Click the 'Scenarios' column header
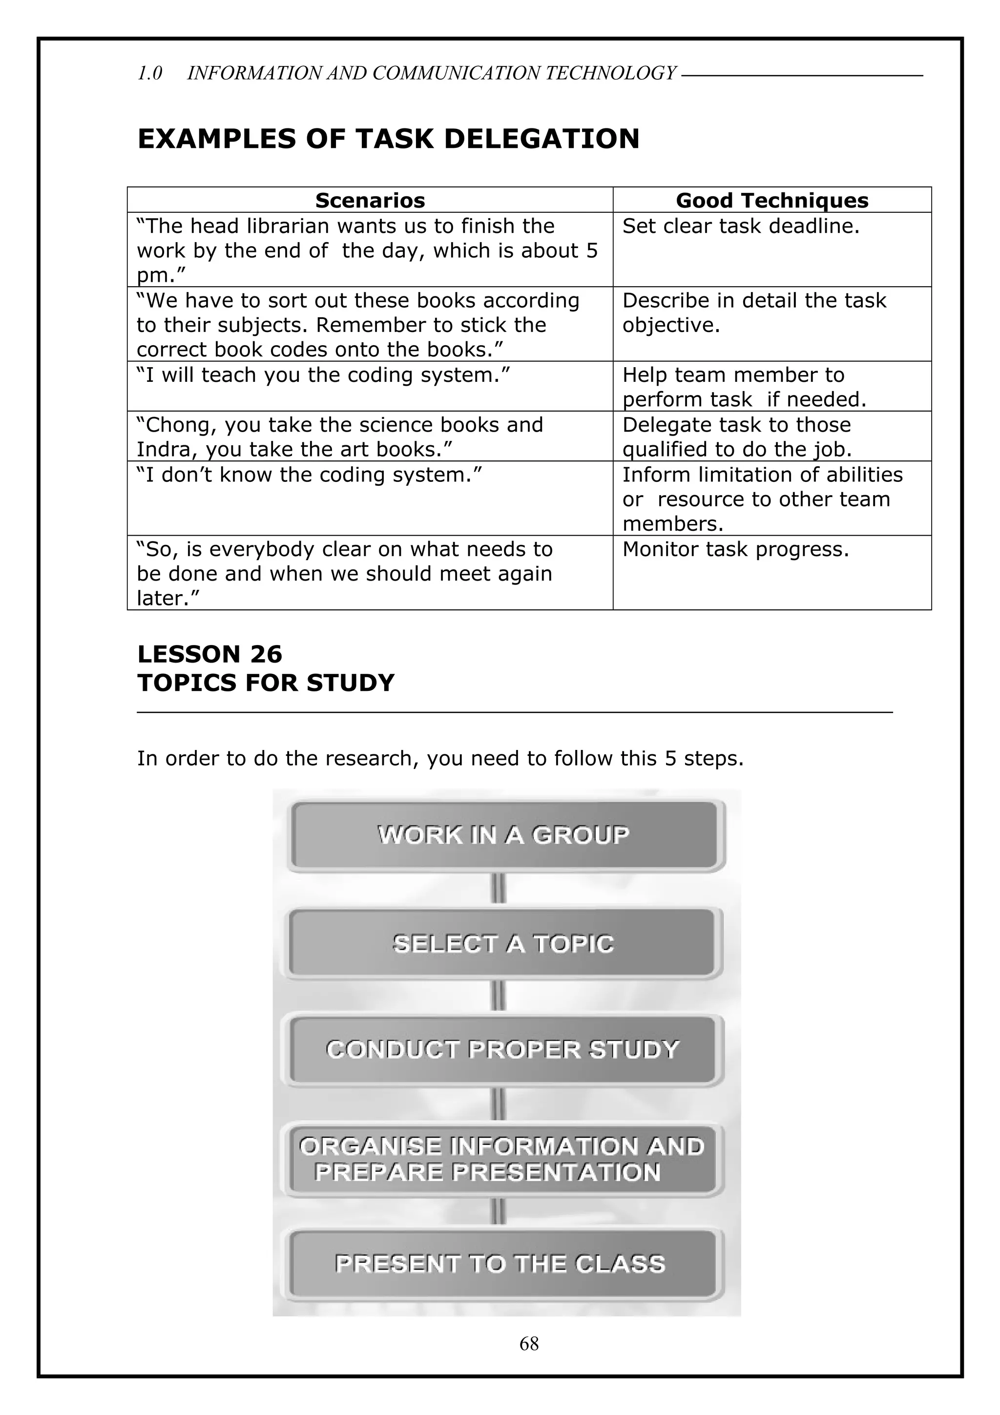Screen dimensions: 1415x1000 [370, 201]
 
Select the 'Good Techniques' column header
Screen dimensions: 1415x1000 [771, 201]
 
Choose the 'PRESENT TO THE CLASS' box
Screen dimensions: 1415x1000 [500, 1264]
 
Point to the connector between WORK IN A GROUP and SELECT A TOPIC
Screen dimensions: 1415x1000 [499, 889]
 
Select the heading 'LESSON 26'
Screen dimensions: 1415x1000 [209, 654]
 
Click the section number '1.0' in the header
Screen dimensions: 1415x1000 [150, 73]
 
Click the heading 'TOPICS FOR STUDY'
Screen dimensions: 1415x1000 [265, 683]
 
